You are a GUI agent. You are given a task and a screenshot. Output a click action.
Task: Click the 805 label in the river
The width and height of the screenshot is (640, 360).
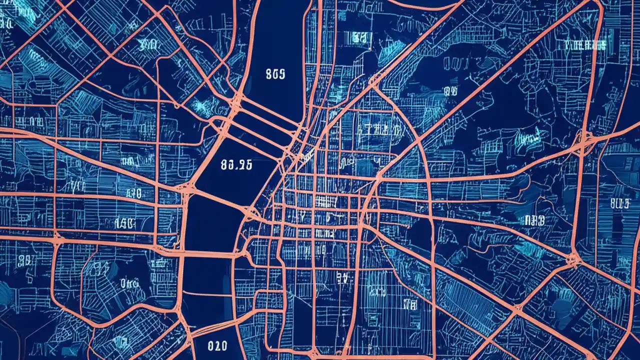point(275,74)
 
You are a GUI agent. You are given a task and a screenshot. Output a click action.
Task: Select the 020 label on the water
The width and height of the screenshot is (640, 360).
point(217,345)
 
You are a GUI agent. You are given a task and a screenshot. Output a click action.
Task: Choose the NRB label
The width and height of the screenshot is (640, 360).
point(534,220)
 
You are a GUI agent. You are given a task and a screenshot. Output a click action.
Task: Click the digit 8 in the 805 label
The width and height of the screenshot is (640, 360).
point(269,74)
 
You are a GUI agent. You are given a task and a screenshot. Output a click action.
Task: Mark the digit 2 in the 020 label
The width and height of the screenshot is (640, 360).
point(217,345)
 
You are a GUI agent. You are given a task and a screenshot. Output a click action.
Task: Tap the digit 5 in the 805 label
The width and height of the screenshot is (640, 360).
point(282,74)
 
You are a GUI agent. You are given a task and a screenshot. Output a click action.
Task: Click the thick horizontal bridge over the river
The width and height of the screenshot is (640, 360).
point(210,254)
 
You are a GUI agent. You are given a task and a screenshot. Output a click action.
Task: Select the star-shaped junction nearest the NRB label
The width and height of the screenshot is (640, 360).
point(573,258)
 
